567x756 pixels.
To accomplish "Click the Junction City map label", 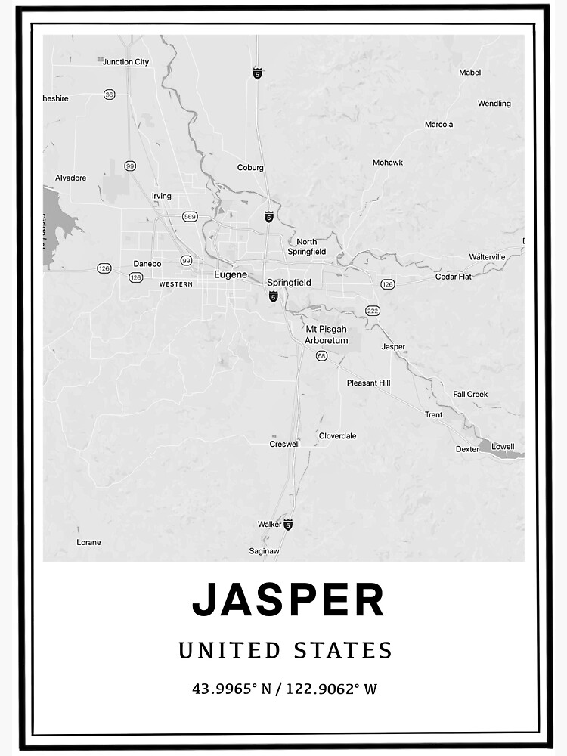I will click(125, 62).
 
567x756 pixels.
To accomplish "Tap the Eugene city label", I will click(231, 274).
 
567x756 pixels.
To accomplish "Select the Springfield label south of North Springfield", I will click(289, 282).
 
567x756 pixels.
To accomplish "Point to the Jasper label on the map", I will click(393, 347).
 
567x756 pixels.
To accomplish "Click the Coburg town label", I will click(250, 168).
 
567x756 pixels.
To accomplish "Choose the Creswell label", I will click(284, 444).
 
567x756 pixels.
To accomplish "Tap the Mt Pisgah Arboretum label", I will click(326, 335).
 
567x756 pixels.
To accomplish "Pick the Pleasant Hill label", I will click(368, 383).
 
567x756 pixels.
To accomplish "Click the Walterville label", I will click(487, 257).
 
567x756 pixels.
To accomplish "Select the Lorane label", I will click(88, 542).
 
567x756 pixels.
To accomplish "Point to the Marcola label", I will click(438, 125).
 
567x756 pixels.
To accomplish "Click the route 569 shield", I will click(190, 217).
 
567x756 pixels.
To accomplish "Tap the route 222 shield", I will click(372, 311).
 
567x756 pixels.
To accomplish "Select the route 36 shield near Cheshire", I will click(110, 94).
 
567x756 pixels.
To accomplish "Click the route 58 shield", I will click(321, 355).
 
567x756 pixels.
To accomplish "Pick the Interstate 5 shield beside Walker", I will click(288, 524).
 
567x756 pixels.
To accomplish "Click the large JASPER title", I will click(288, 600).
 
